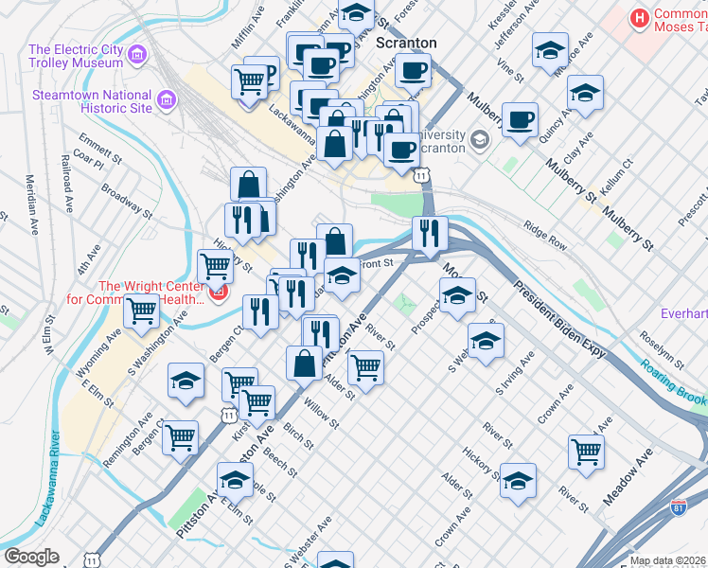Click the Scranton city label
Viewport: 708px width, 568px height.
(406, 43)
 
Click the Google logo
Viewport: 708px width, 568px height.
(31, 557)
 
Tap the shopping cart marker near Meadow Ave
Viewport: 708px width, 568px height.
(587, 451)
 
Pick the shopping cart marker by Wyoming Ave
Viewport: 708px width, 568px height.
(142, 308)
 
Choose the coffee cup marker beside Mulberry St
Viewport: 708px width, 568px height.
(520, 119)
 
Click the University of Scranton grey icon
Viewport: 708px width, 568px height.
(480, 140)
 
